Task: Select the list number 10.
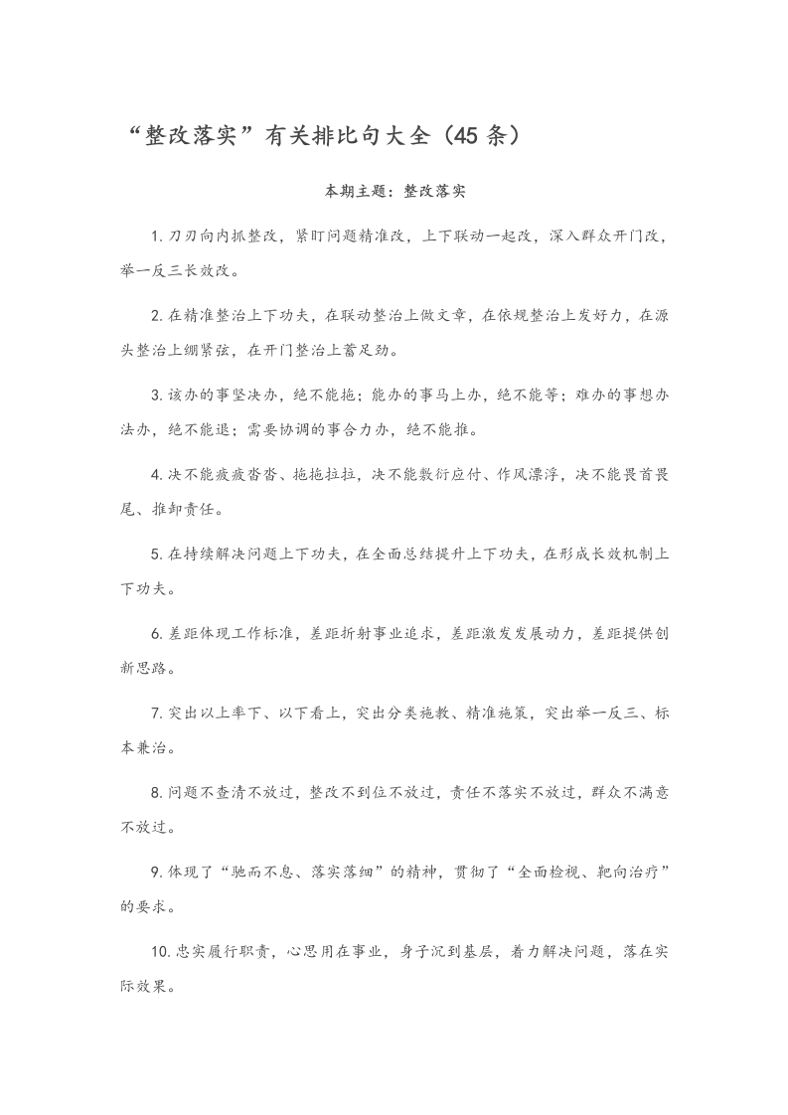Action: tap(159, 952)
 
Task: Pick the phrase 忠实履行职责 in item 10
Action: tap(225, 952)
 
